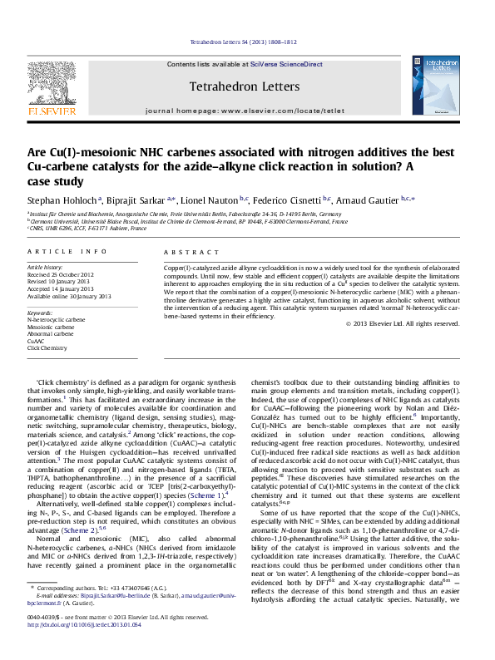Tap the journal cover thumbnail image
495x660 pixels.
click(x=437, y=85)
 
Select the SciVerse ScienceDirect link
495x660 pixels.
click(x=289, y=64)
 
